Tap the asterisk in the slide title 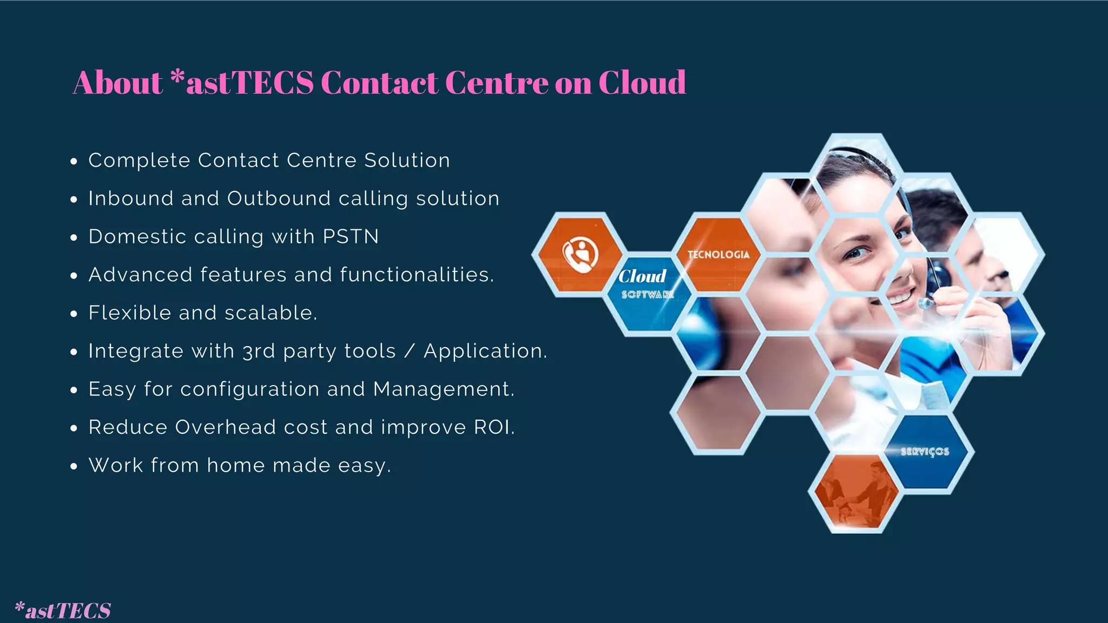[177, 78]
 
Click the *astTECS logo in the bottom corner [63, 610]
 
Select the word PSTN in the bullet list [351, 237]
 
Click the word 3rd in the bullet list [259, 352]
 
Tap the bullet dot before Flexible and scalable [74, 314]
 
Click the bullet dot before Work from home [74, 467]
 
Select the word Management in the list [441, 389]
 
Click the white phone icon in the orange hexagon [580, 254]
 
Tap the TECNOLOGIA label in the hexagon [718, 255]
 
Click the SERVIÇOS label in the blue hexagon [925, 452]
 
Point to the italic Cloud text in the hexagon [642, 276]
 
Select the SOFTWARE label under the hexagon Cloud [648, 295]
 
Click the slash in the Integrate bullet [410, 352]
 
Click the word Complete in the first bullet [139, 161]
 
